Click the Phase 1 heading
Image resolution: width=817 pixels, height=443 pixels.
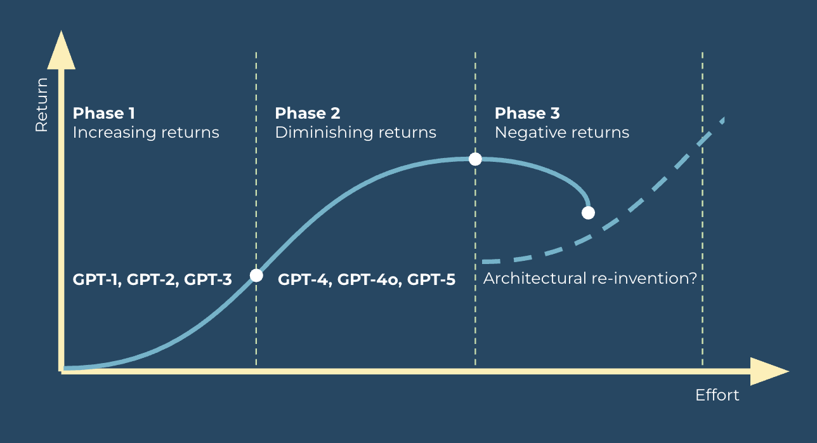pos(104,113)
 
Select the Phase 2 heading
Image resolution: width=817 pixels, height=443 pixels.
pos(308,113)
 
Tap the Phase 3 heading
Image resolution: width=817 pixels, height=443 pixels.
pos(527,113)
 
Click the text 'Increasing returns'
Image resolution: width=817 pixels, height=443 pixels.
pos(146,133)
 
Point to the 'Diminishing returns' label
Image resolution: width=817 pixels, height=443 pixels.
pos(356,133)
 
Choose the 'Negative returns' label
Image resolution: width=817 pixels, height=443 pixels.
pos(562,133)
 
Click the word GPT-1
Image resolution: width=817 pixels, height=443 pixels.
pos(97,280)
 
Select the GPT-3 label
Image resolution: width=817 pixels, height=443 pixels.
pos(208,280)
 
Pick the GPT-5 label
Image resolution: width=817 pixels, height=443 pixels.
pos(431,280)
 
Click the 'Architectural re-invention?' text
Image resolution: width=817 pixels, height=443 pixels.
pos(590,279)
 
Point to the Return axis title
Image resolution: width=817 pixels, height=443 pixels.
pos(42,105)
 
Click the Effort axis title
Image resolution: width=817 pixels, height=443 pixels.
pos(717,395)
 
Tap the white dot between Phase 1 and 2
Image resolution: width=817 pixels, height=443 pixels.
pos(256,275)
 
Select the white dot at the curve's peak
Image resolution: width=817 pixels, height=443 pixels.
pos(475,159)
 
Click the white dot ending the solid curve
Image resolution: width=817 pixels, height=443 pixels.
pos(588,213)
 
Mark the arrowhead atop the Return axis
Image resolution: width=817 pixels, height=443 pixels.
pos(62,50)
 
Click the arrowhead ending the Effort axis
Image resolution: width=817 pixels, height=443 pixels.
pos(769,371)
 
